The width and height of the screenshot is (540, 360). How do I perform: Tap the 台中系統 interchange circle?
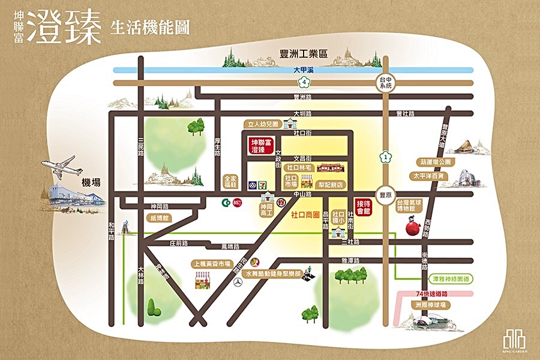385,82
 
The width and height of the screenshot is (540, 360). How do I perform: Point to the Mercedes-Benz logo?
239,283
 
